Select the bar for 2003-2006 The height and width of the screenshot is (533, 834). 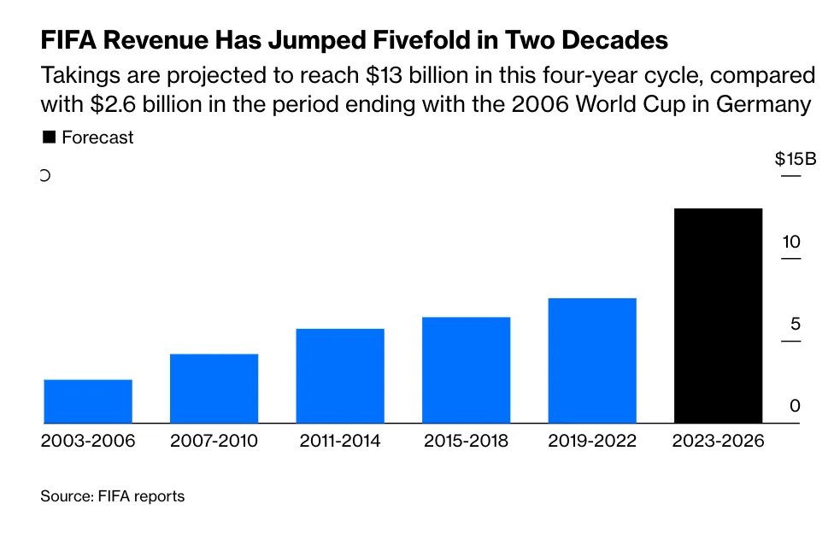pos(88,401)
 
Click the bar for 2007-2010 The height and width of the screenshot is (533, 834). pos(214,388)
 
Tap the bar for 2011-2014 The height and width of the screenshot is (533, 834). pos(340,375)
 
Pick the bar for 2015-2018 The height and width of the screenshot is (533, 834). pos(466,369)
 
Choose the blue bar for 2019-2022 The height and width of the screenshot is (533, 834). pos(592,360)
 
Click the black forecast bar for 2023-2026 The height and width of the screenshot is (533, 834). pos(718,315)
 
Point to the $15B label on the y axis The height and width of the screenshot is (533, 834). pos(795,160)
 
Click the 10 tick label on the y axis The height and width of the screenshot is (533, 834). pos(791,242)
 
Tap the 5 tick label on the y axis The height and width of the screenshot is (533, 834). pos(795,324)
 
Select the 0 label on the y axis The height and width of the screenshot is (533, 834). pos(795,406)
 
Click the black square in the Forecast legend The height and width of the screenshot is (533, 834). pos(49,137)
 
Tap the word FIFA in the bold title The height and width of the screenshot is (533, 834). pos(68,40)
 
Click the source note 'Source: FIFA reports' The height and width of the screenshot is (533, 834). pos(112,495)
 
